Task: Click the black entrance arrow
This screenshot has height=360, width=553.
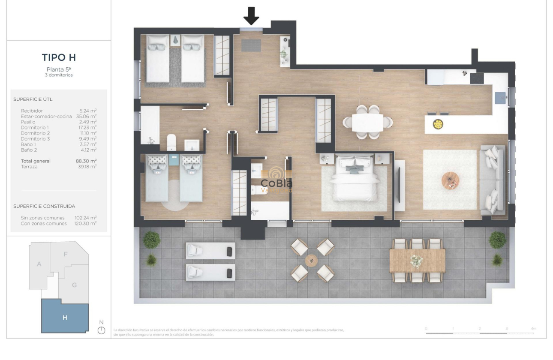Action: [251, 16]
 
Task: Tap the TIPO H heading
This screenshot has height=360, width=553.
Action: [59, 57]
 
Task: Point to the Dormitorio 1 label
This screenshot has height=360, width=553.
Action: [35, 127]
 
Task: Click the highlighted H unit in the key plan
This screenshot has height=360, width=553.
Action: [65, 318]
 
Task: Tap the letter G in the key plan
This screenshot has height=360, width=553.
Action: [74, 285]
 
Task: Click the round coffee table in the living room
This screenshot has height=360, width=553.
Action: [450, 180]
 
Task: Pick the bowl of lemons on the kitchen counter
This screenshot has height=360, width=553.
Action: [438, 124]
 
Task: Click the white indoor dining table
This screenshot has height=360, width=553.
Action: [367, 122]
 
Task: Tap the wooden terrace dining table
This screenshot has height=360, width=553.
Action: [417, 261]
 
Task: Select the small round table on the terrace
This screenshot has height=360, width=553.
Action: [311, 260]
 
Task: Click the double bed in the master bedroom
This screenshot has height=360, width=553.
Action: [354, 178]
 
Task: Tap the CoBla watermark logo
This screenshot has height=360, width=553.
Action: [276, 181]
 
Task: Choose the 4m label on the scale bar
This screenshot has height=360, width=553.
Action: [533, 328]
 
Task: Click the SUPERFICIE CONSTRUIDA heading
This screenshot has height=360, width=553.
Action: [44, 206]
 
